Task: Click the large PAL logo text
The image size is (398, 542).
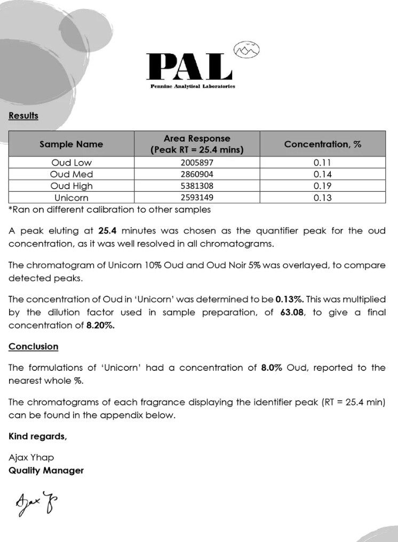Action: coord(189,66)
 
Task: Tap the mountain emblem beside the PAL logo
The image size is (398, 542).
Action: coord(246,50)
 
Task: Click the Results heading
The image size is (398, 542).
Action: coord(23,116)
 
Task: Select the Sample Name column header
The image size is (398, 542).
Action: coord(71,144)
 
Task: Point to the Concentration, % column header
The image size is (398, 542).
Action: coord(322,144)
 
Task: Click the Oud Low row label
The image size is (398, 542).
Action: coord(71,163)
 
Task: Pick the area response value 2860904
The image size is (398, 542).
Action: coord(197,174)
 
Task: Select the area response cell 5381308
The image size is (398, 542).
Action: coord(197,186)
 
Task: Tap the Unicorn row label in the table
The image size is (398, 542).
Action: coord(71,198)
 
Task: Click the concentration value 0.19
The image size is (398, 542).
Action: coord(322,186)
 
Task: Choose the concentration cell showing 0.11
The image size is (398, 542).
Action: coord(322,163)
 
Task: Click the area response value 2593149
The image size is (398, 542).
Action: coord(197,198)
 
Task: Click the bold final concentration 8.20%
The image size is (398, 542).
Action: coord(100,325)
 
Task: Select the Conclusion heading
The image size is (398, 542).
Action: coord(33,346)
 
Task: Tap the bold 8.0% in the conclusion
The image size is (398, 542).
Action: coord(272,368)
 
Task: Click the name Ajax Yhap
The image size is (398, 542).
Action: coord(31,457)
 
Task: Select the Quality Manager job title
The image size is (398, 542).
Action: coord(46,471)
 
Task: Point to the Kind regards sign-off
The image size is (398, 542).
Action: coord(37,436)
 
